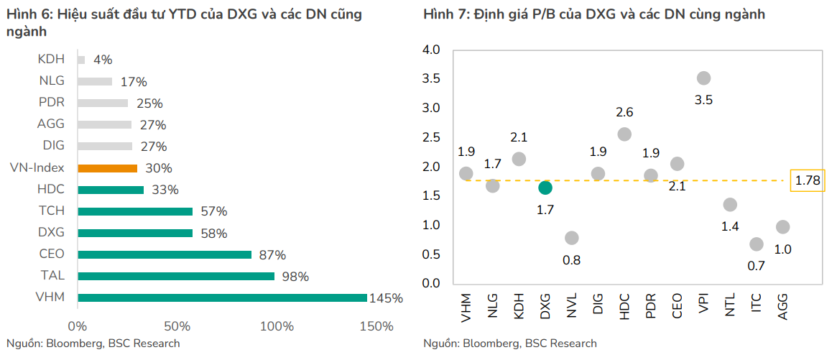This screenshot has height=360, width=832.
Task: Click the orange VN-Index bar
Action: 107,168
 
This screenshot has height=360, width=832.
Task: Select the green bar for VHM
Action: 221,297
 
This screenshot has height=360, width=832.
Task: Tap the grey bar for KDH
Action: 81,60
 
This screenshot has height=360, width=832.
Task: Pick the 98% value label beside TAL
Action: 295,277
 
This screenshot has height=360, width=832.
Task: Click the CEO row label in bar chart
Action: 52,254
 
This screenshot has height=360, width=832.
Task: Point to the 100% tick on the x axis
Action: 277,326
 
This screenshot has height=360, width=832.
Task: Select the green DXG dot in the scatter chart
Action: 545,188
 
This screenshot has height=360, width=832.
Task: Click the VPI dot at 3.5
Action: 703,78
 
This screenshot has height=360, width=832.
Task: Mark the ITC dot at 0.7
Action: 757,244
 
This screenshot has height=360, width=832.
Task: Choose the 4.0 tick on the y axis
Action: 430,50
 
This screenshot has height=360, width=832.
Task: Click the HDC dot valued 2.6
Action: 624,134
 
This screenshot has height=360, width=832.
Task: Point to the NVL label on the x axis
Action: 572,305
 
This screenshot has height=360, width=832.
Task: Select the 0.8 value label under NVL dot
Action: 571,260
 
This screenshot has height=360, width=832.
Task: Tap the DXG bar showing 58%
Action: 134,233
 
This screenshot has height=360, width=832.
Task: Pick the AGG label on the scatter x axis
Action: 783,305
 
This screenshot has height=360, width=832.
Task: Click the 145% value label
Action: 386,298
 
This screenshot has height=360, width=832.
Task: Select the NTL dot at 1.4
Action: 730,205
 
